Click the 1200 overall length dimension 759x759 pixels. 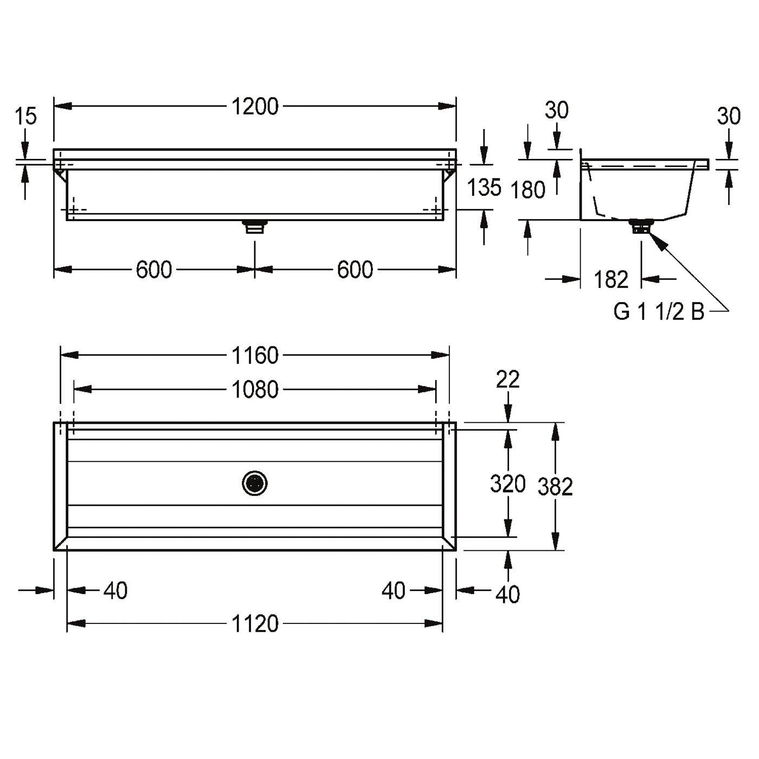(255, 107)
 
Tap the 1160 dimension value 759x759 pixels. (255, 356)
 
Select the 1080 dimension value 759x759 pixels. (255, 390)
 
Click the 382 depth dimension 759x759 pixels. (555, 487)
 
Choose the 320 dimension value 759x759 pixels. (507, 484)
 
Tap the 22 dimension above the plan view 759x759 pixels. (507, 379)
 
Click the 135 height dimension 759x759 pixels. (484, 187)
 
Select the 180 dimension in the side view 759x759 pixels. (528, 190)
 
